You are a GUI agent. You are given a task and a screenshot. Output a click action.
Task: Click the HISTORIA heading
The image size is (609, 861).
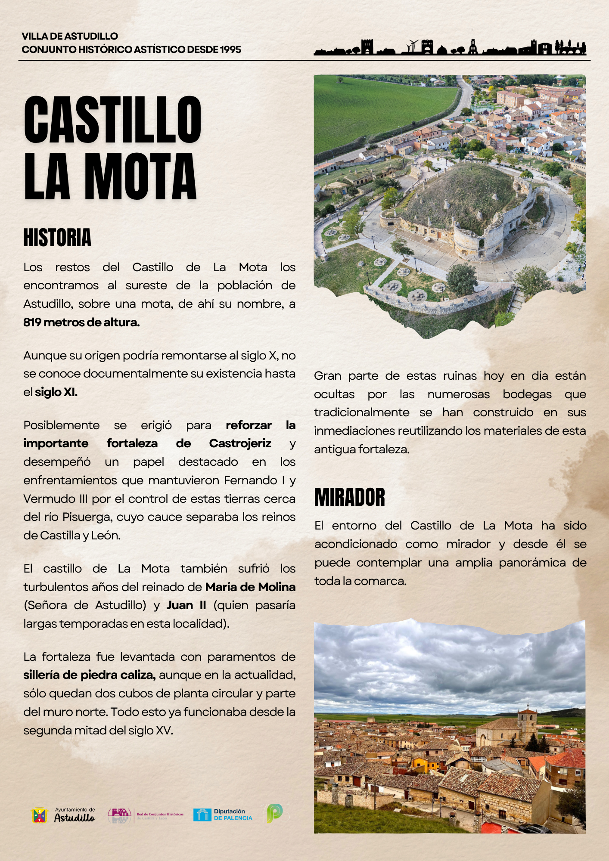(57, 238)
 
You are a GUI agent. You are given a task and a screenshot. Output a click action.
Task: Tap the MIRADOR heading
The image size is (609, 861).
(349, 497)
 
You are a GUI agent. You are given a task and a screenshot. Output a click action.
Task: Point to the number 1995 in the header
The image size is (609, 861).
(230, 50)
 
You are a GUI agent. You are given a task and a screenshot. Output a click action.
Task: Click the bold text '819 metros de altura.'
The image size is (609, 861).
(81, 322)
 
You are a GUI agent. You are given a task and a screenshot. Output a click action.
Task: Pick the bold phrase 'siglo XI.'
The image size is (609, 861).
(56, 392)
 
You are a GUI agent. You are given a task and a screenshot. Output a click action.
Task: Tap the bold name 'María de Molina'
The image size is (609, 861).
(250, 587)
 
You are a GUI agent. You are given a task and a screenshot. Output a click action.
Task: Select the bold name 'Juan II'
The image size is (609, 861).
(186, 605)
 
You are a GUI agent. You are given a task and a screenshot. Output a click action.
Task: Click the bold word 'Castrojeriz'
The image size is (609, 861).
(240, 443)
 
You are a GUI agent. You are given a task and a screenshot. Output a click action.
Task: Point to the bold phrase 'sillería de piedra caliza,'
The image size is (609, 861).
(89, 675)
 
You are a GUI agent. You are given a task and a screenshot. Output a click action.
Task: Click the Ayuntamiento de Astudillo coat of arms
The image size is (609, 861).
(39, 815)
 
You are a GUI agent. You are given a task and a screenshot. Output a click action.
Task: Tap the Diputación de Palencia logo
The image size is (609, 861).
(223, 815)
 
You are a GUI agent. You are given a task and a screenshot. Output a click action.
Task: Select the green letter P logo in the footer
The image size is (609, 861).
(274, 813)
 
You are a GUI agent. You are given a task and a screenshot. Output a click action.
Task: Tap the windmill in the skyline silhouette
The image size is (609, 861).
(413, 45)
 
